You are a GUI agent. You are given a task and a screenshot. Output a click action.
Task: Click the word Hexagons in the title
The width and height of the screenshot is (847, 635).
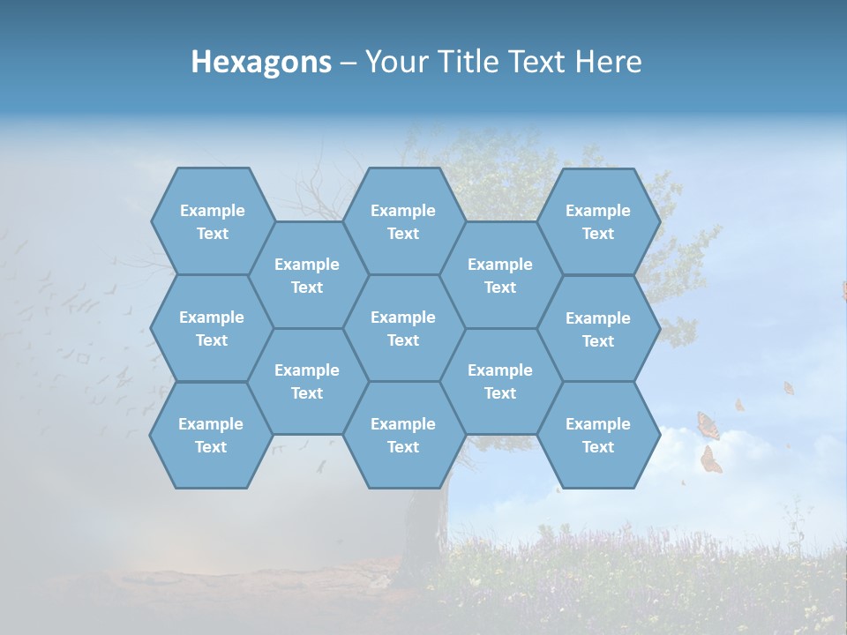tap(261, 62)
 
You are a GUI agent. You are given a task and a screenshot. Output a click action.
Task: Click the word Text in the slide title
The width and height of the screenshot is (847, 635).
tap(536, 62)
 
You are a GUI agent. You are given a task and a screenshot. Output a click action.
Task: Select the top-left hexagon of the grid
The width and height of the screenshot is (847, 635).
tap(212, 221)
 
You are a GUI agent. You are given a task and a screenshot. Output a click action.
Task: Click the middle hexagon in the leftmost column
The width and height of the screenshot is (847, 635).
tap(212, 328)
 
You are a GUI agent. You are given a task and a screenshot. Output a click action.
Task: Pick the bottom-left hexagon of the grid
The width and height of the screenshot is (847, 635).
tap(211, 435)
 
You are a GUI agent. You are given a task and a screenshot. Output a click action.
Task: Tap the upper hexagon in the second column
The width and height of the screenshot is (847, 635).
tap(307, 275)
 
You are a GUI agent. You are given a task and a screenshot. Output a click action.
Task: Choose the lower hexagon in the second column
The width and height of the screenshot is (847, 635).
tap(307, 381)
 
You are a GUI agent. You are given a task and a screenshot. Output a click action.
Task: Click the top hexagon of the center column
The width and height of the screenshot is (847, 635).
tap(403, 221)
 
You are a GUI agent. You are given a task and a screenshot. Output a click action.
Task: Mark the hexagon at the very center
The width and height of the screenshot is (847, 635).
tap(403, 328)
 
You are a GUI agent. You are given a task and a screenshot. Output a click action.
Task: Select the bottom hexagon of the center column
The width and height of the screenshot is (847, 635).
tap(403, 435)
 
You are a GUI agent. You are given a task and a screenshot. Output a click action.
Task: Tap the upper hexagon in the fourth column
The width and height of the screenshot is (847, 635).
tap(500, 275)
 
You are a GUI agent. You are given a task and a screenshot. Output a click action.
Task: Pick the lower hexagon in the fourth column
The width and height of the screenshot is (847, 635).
tap(500, 381)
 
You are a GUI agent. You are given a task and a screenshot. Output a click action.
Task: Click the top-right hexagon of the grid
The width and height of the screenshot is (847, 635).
tap(598, 221)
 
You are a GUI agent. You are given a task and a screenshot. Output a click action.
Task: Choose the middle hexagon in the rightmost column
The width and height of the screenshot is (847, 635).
tap(598, 329)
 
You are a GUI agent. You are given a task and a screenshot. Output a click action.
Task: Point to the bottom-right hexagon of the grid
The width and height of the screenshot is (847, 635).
tap(598, 435)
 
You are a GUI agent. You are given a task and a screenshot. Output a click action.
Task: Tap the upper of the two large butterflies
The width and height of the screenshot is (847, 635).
tap(708, 426)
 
